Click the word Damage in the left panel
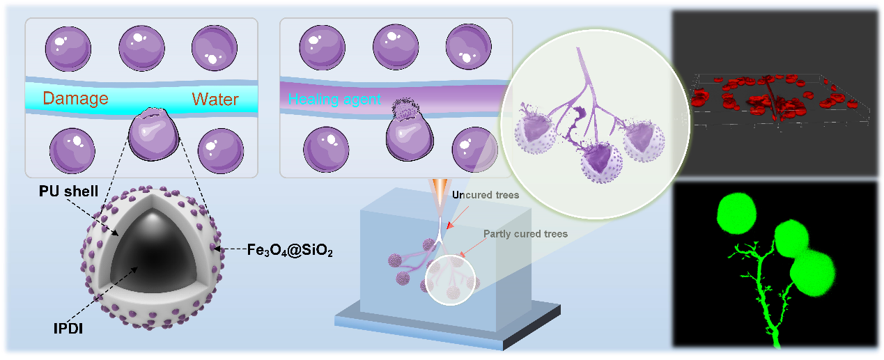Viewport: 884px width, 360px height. [76, 98]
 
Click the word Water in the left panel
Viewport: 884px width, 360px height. [216, 98]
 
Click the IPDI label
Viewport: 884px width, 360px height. [68, 329]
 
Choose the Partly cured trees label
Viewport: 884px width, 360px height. [526, 234]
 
